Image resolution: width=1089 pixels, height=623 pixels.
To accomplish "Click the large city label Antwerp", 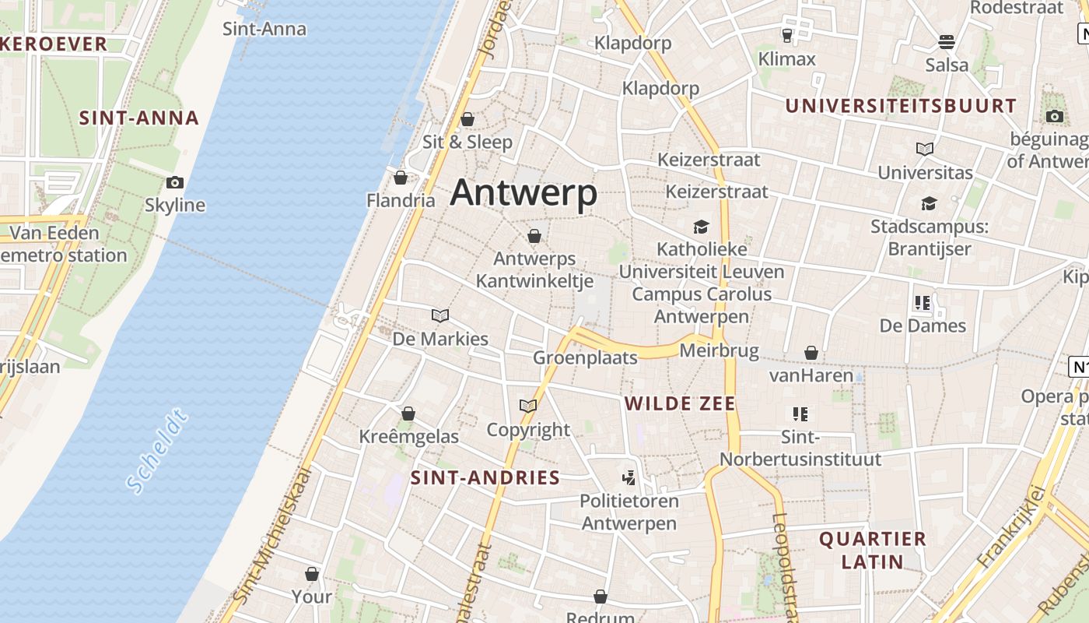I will pos(523,192).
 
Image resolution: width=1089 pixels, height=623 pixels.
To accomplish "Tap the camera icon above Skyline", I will pos(175,183).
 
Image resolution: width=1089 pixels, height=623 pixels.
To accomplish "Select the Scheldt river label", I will pos(157,452).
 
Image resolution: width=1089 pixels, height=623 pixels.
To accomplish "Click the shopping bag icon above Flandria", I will pos(401,178).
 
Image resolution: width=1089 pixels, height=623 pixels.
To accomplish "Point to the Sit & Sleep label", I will pos(467,142).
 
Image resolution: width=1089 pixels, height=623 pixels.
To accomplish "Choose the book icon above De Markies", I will pos(440,315).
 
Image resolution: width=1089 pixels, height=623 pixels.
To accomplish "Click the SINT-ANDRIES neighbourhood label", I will pos(485,477).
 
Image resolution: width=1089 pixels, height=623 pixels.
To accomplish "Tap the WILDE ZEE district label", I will pos(681,403).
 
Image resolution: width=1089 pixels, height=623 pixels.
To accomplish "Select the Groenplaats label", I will pos(585,357).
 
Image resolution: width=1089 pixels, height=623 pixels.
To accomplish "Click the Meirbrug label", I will pos(719,351).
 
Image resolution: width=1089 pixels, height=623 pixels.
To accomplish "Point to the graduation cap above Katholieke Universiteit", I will pos(702,227).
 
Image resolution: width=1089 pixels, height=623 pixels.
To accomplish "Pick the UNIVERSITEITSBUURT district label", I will pos(901,106).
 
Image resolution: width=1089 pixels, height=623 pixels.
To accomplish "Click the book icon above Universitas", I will pos(925,149).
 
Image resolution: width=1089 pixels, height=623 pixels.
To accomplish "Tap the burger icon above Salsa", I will pos(947,41).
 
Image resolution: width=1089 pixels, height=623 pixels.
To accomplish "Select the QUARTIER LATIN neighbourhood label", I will pos(873,550).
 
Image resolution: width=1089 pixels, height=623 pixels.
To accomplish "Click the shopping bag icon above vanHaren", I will pos(811,353).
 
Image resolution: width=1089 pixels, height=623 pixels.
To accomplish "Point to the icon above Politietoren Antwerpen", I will pos(629,477).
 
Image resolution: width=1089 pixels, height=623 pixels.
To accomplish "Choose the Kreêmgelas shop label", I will pos(409,436).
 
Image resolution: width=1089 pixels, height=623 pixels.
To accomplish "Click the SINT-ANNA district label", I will pos(139,118).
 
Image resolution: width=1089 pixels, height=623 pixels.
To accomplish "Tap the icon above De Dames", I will pos(923,302).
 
